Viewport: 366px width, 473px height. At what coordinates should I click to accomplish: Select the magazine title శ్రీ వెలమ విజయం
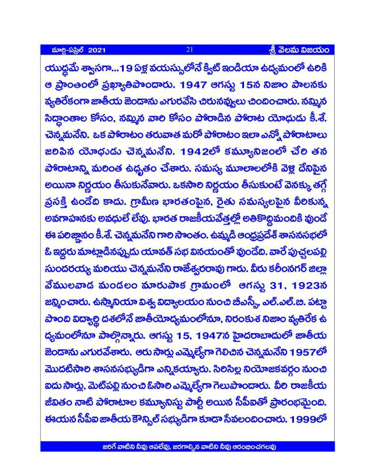(x=297, y=50)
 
